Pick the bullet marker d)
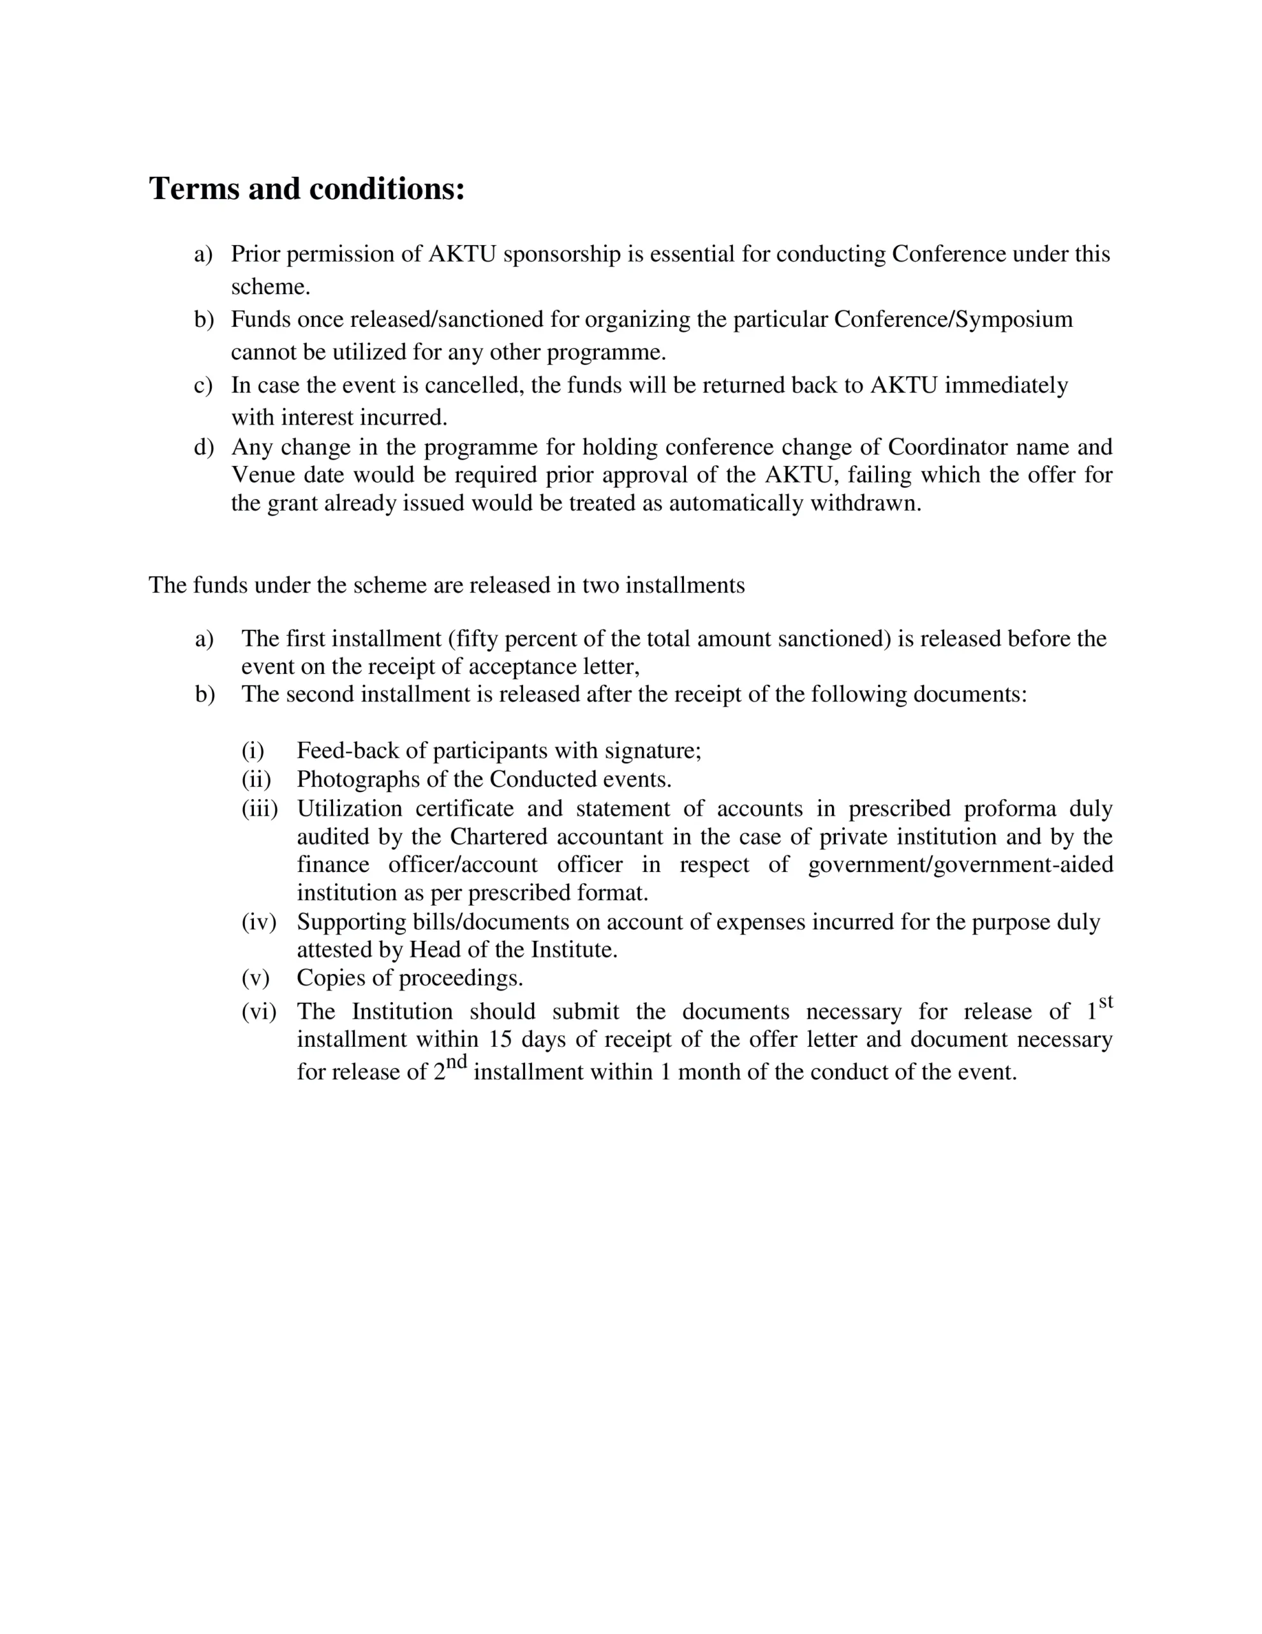coord(204,447)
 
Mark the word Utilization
coord(350,809)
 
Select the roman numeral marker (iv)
coord(259,922)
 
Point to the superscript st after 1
coord(1106,1002)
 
